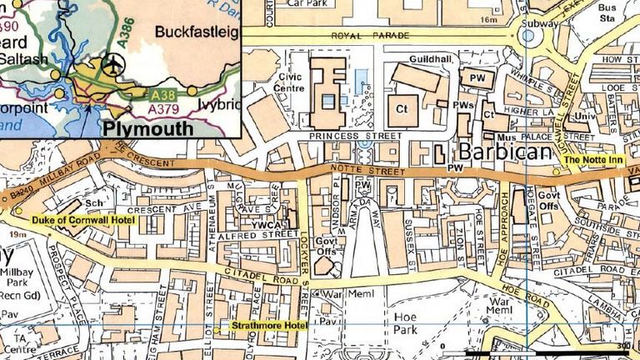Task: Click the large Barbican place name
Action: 504,152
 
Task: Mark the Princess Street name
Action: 343,134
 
